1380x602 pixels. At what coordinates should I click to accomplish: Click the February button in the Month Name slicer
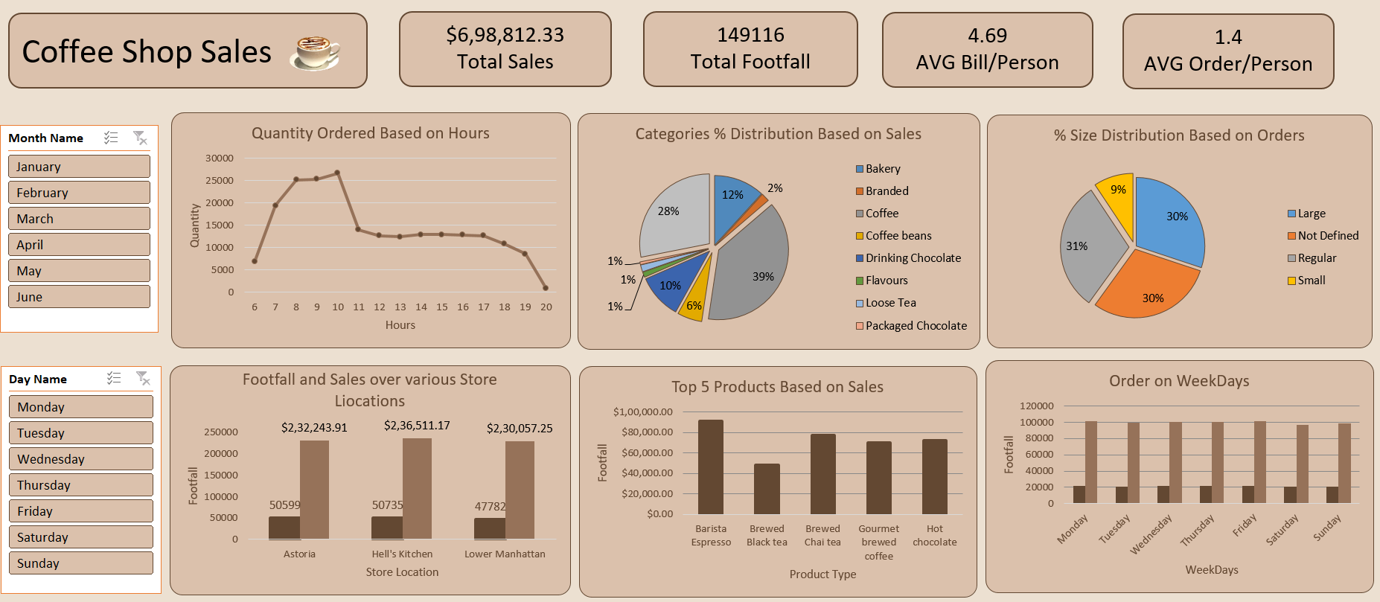[x=79, y=193]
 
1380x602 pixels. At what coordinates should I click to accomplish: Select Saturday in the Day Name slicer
[x=80, y=537]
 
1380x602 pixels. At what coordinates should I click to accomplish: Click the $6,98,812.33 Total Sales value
[x=505, y=35]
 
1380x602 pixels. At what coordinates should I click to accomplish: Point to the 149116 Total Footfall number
[x=750, y=35]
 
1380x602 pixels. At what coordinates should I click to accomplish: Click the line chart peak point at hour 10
[x=337, y=173]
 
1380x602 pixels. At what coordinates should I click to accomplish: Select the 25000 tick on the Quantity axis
[x=220, y=181]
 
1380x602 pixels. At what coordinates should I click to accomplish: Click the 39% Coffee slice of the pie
[x=752, y=268]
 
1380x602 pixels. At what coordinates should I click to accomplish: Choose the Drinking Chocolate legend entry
[x=913, y=258]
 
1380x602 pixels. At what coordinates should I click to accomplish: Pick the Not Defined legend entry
[x=1328, y=236]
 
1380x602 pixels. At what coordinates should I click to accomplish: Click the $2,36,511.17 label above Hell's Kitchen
[x=417, y=426]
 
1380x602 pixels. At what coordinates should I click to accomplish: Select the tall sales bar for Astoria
[x=314, y=489]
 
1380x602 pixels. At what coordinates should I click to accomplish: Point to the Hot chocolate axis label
[x=935, y=536]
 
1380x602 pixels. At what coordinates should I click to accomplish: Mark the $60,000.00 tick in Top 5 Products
[x=647, y=452]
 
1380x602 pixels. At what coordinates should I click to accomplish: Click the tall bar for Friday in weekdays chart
[x=1260, y=461]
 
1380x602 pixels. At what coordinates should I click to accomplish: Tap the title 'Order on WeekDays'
[x=1179, y=381]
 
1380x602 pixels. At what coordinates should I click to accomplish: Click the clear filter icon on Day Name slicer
[x=143, y=379]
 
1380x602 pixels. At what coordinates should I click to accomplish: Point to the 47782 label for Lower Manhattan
[x=490, y=507]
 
